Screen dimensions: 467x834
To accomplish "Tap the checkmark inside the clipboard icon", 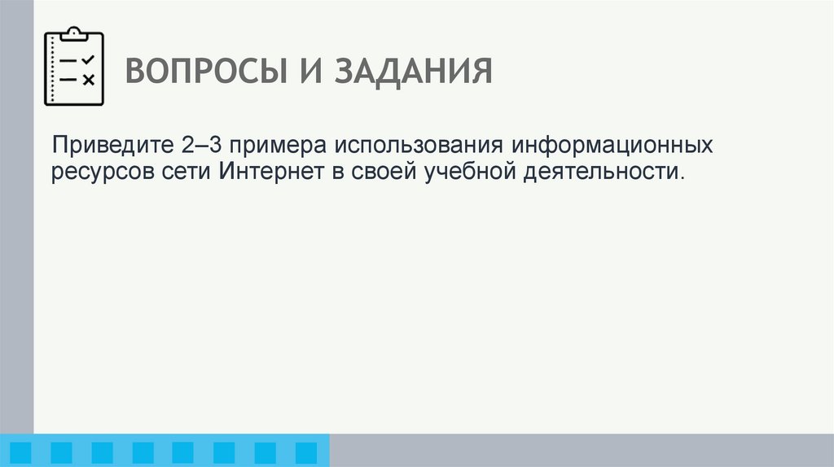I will pos(88,60).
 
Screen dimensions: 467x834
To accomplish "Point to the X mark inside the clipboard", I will pos(88,79).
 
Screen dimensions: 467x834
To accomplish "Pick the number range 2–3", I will pos(199,148).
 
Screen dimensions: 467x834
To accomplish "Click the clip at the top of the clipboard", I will pos(74,33).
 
